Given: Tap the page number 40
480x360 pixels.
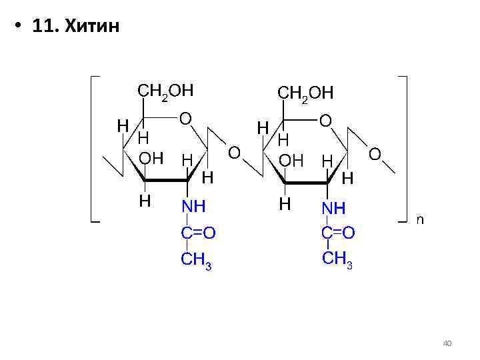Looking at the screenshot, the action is [447, 343].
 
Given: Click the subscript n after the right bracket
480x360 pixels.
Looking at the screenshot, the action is [420, 218].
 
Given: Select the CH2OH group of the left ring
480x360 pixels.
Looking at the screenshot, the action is [165, 91].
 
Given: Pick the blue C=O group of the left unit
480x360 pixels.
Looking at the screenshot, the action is [198, 233].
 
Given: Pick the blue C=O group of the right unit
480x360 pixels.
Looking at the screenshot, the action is [338, 232].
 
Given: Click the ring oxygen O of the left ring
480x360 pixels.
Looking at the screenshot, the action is [185, 119].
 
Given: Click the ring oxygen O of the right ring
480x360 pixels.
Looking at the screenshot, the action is [325, 120].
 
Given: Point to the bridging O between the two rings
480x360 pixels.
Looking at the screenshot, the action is [234, 153].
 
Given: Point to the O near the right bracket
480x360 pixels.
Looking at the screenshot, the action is [375, 154].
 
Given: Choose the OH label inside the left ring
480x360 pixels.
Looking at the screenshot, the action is [151, 159].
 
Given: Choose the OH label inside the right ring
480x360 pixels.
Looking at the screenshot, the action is [291, 160].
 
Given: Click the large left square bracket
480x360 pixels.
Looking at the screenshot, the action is [92, 147].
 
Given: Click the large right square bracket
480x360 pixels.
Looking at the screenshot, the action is [407, 147].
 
